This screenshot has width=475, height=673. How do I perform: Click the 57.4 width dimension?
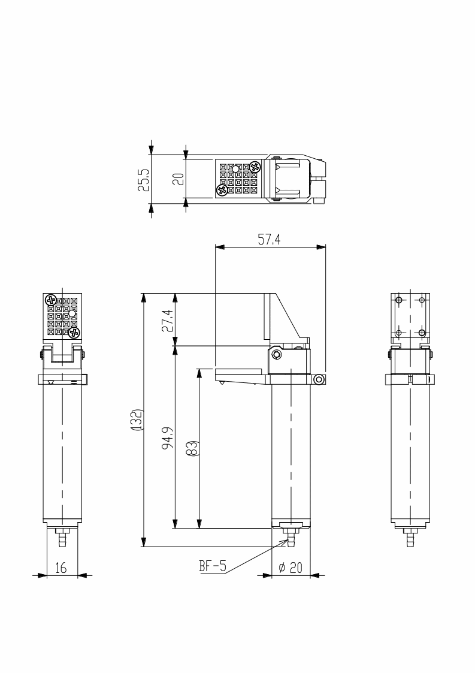269,240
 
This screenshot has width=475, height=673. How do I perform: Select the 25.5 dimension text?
144,179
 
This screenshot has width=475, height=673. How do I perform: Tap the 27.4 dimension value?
168,321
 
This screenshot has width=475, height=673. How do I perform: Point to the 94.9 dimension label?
168,437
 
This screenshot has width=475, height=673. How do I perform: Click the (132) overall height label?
138,420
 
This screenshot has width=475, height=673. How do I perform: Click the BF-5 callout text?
213,566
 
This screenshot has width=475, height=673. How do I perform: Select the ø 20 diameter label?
291,568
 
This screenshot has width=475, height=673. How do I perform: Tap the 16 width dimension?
61,568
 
